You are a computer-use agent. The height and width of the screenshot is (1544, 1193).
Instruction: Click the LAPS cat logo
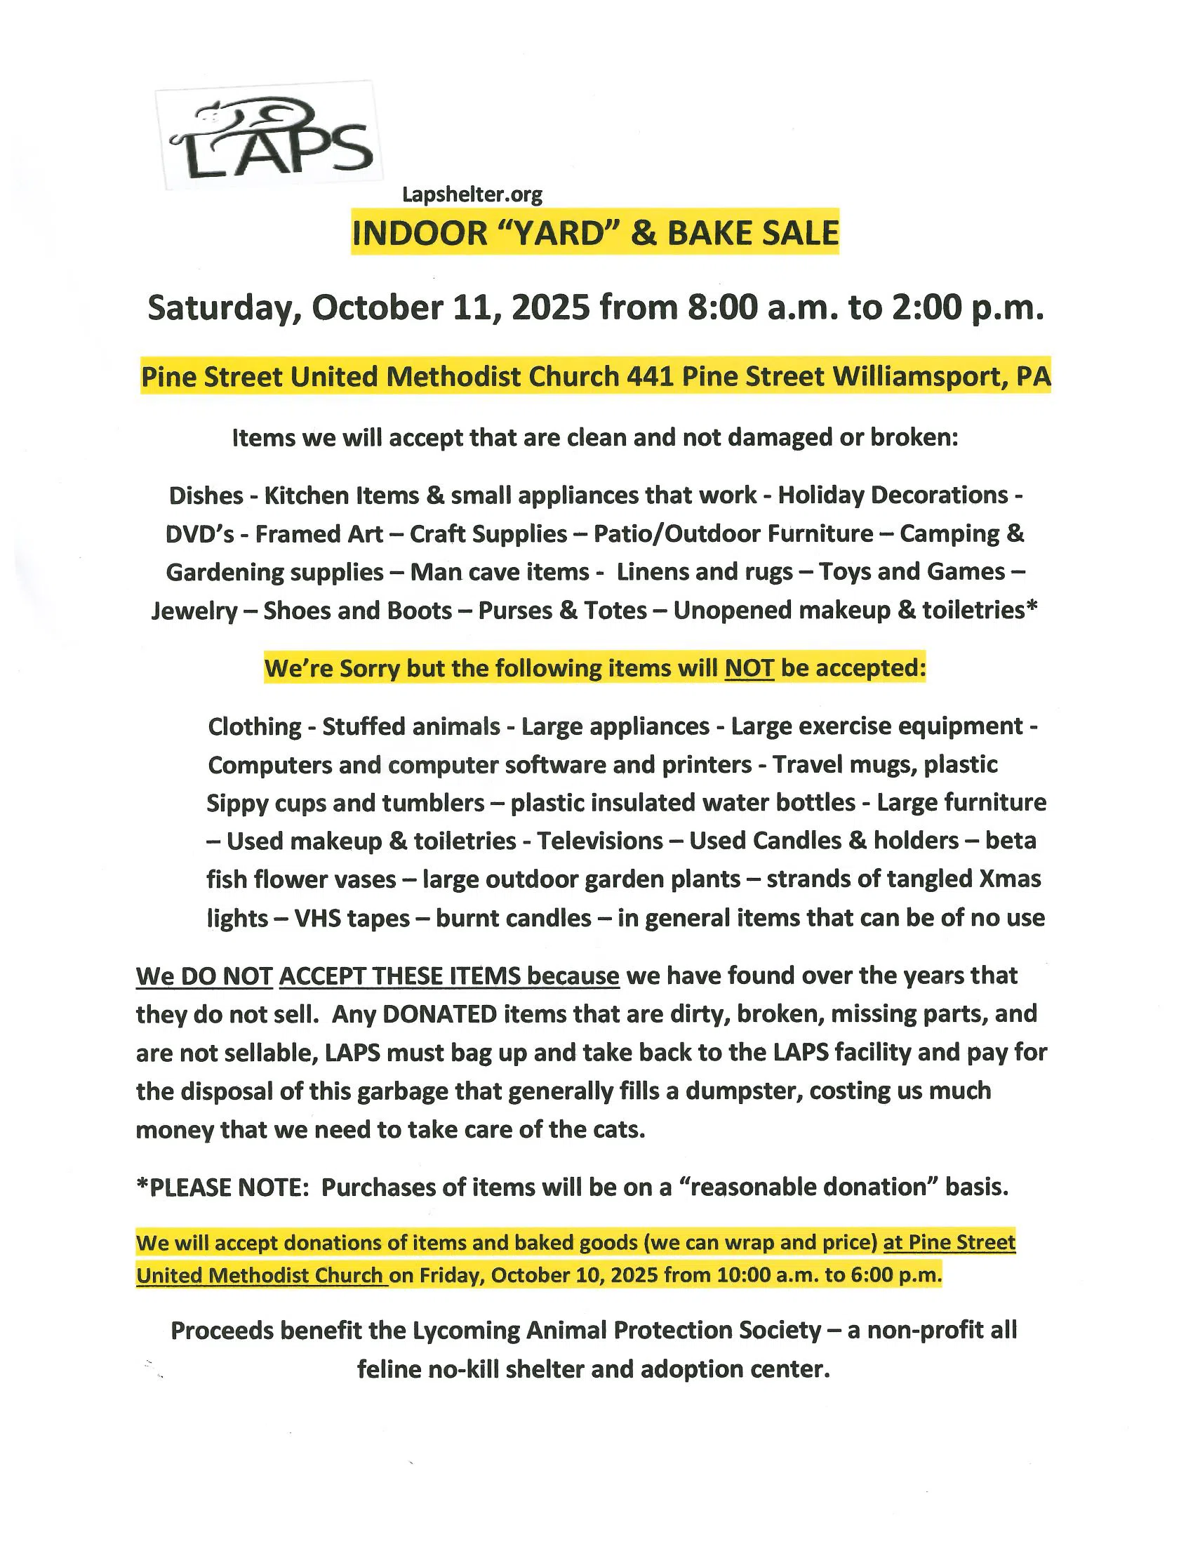pos(269,135)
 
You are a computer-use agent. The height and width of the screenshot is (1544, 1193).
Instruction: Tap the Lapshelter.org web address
pos(472,194)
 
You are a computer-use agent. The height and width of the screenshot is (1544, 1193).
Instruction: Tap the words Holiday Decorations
pos(893,495)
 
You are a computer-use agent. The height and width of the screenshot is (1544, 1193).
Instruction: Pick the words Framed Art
pos(319,534)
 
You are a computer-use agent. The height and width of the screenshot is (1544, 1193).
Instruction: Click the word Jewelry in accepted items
pos(194,611)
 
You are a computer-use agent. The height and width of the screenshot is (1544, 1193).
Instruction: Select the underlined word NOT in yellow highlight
pos(749,668)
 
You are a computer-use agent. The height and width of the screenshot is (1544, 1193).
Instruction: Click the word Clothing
pos(255,727)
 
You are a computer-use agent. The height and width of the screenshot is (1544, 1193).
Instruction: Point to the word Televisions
pos(599,841)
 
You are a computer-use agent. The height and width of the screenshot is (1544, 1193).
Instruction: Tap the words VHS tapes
pos(352,919)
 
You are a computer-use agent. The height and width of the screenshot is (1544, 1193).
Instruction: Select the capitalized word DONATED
pos(439,1015)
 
